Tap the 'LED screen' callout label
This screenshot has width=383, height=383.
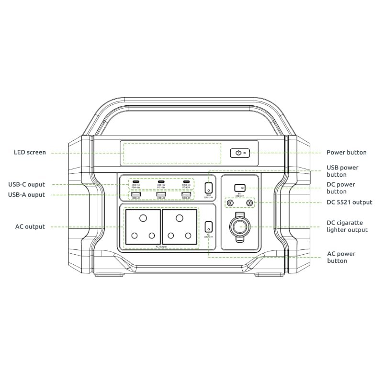[30, 153]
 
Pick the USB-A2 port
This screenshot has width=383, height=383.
[161, 194]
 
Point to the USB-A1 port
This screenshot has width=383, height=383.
[135, 194]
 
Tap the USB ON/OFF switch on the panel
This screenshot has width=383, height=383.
[209, 188]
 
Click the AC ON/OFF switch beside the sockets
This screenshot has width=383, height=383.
[209, 226]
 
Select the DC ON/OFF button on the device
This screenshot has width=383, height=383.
[240, 188]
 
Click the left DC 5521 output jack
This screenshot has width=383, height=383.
[231, 203]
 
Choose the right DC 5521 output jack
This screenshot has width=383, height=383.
[249, 203]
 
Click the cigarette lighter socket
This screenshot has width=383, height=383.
[240, 227]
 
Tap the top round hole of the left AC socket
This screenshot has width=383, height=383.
[142, 218]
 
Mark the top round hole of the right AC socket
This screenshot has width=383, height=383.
[179, 218]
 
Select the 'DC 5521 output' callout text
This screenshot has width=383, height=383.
[349, 203]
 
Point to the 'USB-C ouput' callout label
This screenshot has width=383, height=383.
[26, 184]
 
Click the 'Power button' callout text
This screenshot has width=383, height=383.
[346, 153]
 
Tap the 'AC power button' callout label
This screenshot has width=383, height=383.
[341, 257]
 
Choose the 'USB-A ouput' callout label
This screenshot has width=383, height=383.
[26, 195]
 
